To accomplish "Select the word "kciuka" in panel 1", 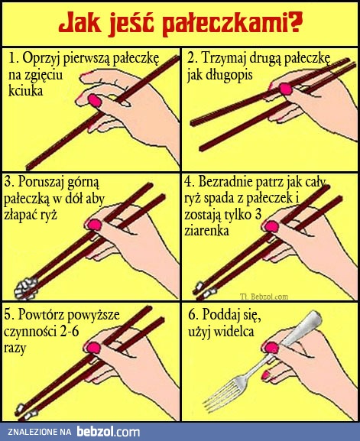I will [26, 90].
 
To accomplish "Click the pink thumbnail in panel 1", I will [96, 100].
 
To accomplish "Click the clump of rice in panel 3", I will [25, 287].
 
